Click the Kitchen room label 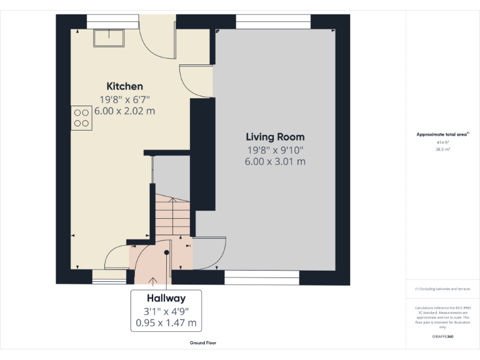[124, 86]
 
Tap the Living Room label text [275, 137]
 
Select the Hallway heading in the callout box [166, 299]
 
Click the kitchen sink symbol [109, 38]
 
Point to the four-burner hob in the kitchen [81, 117]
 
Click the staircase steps [172, 216]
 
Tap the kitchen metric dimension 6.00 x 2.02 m [124, 111]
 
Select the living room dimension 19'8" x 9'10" [275, 149]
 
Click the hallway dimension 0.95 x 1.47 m [166, 323]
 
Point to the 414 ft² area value [443, 142]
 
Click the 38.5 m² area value [443, 149]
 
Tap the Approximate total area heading [442, 134]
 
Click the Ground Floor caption [203, 342]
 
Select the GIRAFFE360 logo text [443, 336]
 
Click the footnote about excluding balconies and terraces [443, 289]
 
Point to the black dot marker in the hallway [167, 252]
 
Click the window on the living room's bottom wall [261, 273]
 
